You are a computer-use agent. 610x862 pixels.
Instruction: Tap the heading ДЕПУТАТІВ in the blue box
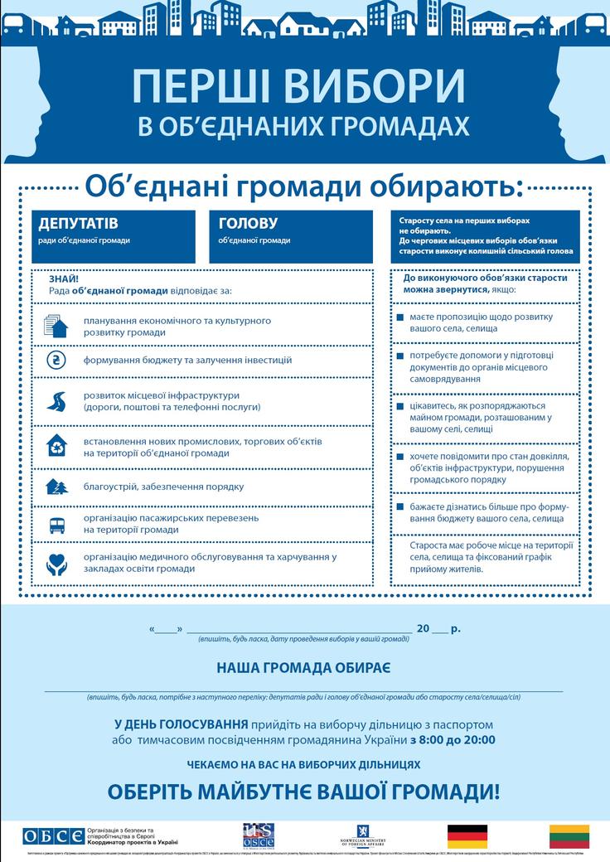78,224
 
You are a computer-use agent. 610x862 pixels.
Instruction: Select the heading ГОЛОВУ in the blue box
248,224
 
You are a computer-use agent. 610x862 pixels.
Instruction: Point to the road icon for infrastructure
56,401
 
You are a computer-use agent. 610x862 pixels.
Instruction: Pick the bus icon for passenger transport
56,524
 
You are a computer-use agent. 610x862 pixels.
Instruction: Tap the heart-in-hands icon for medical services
56,563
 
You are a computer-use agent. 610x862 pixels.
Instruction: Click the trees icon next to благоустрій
56,487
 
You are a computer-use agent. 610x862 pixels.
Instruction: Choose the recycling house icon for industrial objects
56,445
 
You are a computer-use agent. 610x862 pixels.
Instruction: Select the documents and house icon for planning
56,326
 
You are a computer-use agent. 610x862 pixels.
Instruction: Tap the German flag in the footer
467,835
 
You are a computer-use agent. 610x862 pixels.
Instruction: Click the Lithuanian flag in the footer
569,835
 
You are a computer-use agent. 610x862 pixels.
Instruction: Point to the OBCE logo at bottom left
53,835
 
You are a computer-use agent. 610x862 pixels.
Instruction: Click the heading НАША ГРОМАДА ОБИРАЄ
304,667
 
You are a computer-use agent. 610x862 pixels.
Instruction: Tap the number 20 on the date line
424,629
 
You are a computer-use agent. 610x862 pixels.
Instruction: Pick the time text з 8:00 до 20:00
453,739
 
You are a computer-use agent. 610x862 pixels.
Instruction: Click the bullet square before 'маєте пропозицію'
400,317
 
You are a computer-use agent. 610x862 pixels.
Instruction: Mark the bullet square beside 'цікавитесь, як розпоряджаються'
400,407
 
